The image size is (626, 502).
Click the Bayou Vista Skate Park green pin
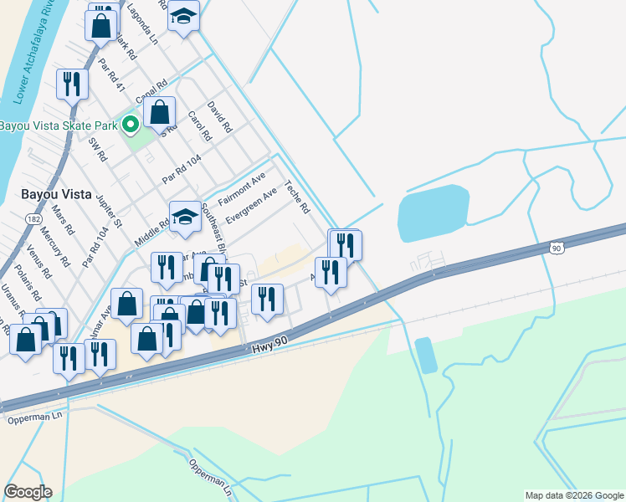click(130, 125)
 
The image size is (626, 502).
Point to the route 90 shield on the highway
click(557, 248)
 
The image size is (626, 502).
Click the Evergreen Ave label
click(253, 204)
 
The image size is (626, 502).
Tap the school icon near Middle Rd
click(185, 217)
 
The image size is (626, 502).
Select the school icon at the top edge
click(183, 15)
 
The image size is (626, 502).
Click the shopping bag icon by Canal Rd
click(159, 112)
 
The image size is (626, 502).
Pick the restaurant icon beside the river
click(72, 84)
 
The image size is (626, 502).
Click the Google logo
click(28, 492)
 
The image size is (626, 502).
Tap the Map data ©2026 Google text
click(574, 495)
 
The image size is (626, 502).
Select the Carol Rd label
click(196, 125)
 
